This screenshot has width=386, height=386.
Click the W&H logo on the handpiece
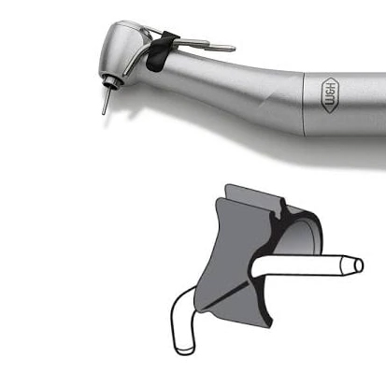(x=330, y=95)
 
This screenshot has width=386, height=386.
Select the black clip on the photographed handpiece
(x=160, y=51)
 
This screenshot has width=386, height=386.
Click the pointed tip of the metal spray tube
(x=235, y=49)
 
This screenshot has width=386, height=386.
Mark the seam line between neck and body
(x=304, y=104)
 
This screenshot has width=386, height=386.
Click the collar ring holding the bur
(x=113, y=81)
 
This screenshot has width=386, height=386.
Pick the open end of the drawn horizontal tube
(x=359, y=265)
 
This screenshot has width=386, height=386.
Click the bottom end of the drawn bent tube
(x=184, y=350)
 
